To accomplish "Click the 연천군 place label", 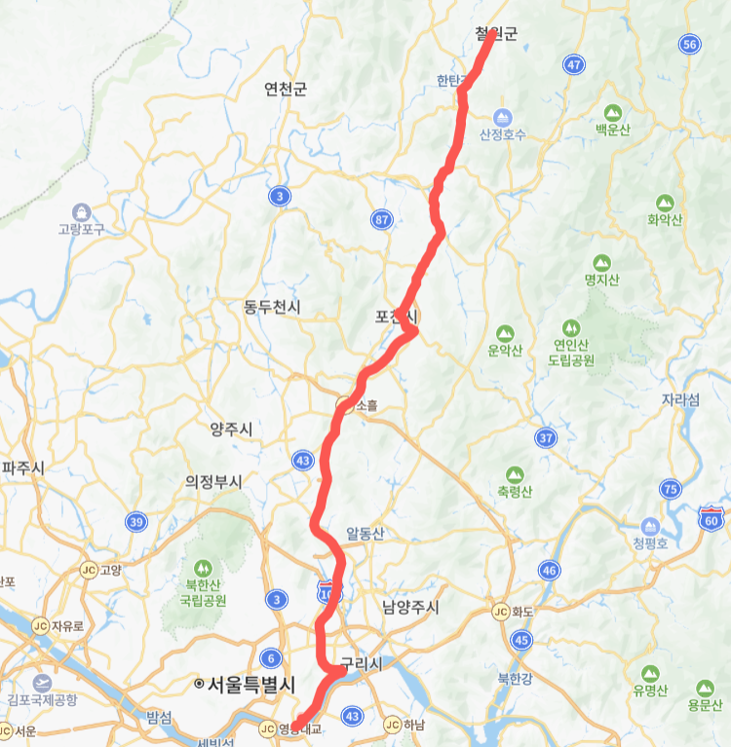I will tap(286, 90).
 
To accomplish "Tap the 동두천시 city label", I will tap(272, 308).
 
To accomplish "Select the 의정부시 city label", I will tap(213, 481).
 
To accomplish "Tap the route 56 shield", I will tap(690, 44).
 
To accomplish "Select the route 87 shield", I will tap(381, 219).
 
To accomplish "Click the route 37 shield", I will tap(545, 438).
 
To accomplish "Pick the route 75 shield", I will tap(670, 489).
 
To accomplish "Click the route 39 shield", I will tap(135, 522).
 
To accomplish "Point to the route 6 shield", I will tap(270, 658).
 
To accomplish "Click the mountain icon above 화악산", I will tap(666, 203).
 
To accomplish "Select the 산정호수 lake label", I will tap(503, 134).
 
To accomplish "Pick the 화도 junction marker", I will tap(500, 612).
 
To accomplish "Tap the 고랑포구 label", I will tap(80, 230).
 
